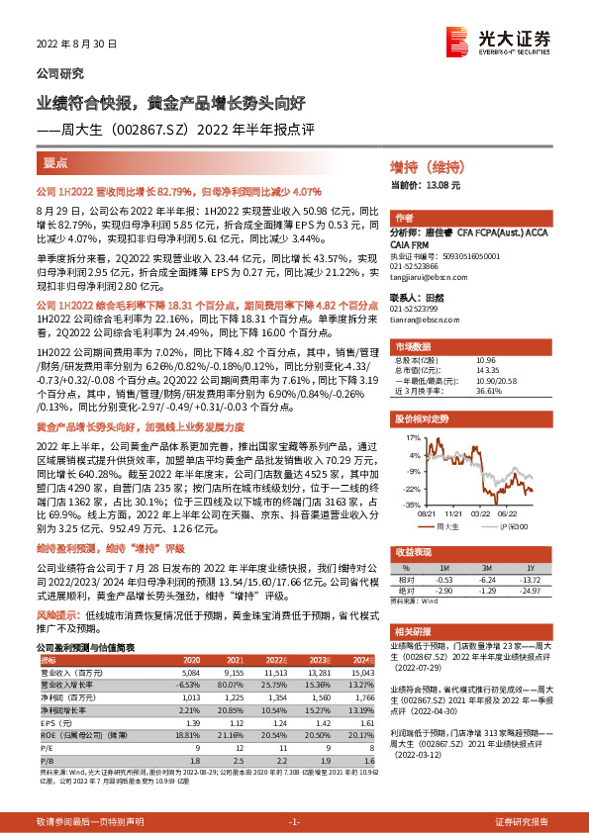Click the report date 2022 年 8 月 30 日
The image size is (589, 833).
76,45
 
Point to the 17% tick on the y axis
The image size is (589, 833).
413,436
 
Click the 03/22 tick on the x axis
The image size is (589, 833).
480,514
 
